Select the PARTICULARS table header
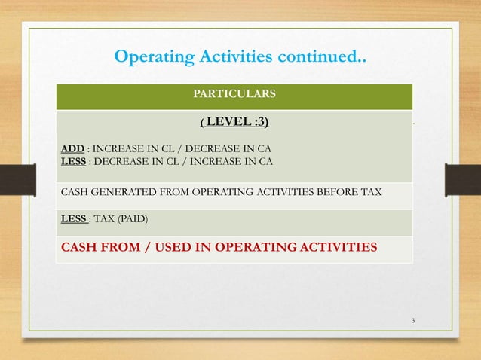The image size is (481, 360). [234, 94]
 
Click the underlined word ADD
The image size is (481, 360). [72, 148]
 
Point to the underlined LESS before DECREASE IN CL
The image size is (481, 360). [73, 160]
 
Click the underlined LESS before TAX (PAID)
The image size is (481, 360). [73, 219]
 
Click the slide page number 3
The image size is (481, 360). [413, 322]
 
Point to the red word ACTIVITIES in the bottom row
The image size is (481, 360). [334, 246]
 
